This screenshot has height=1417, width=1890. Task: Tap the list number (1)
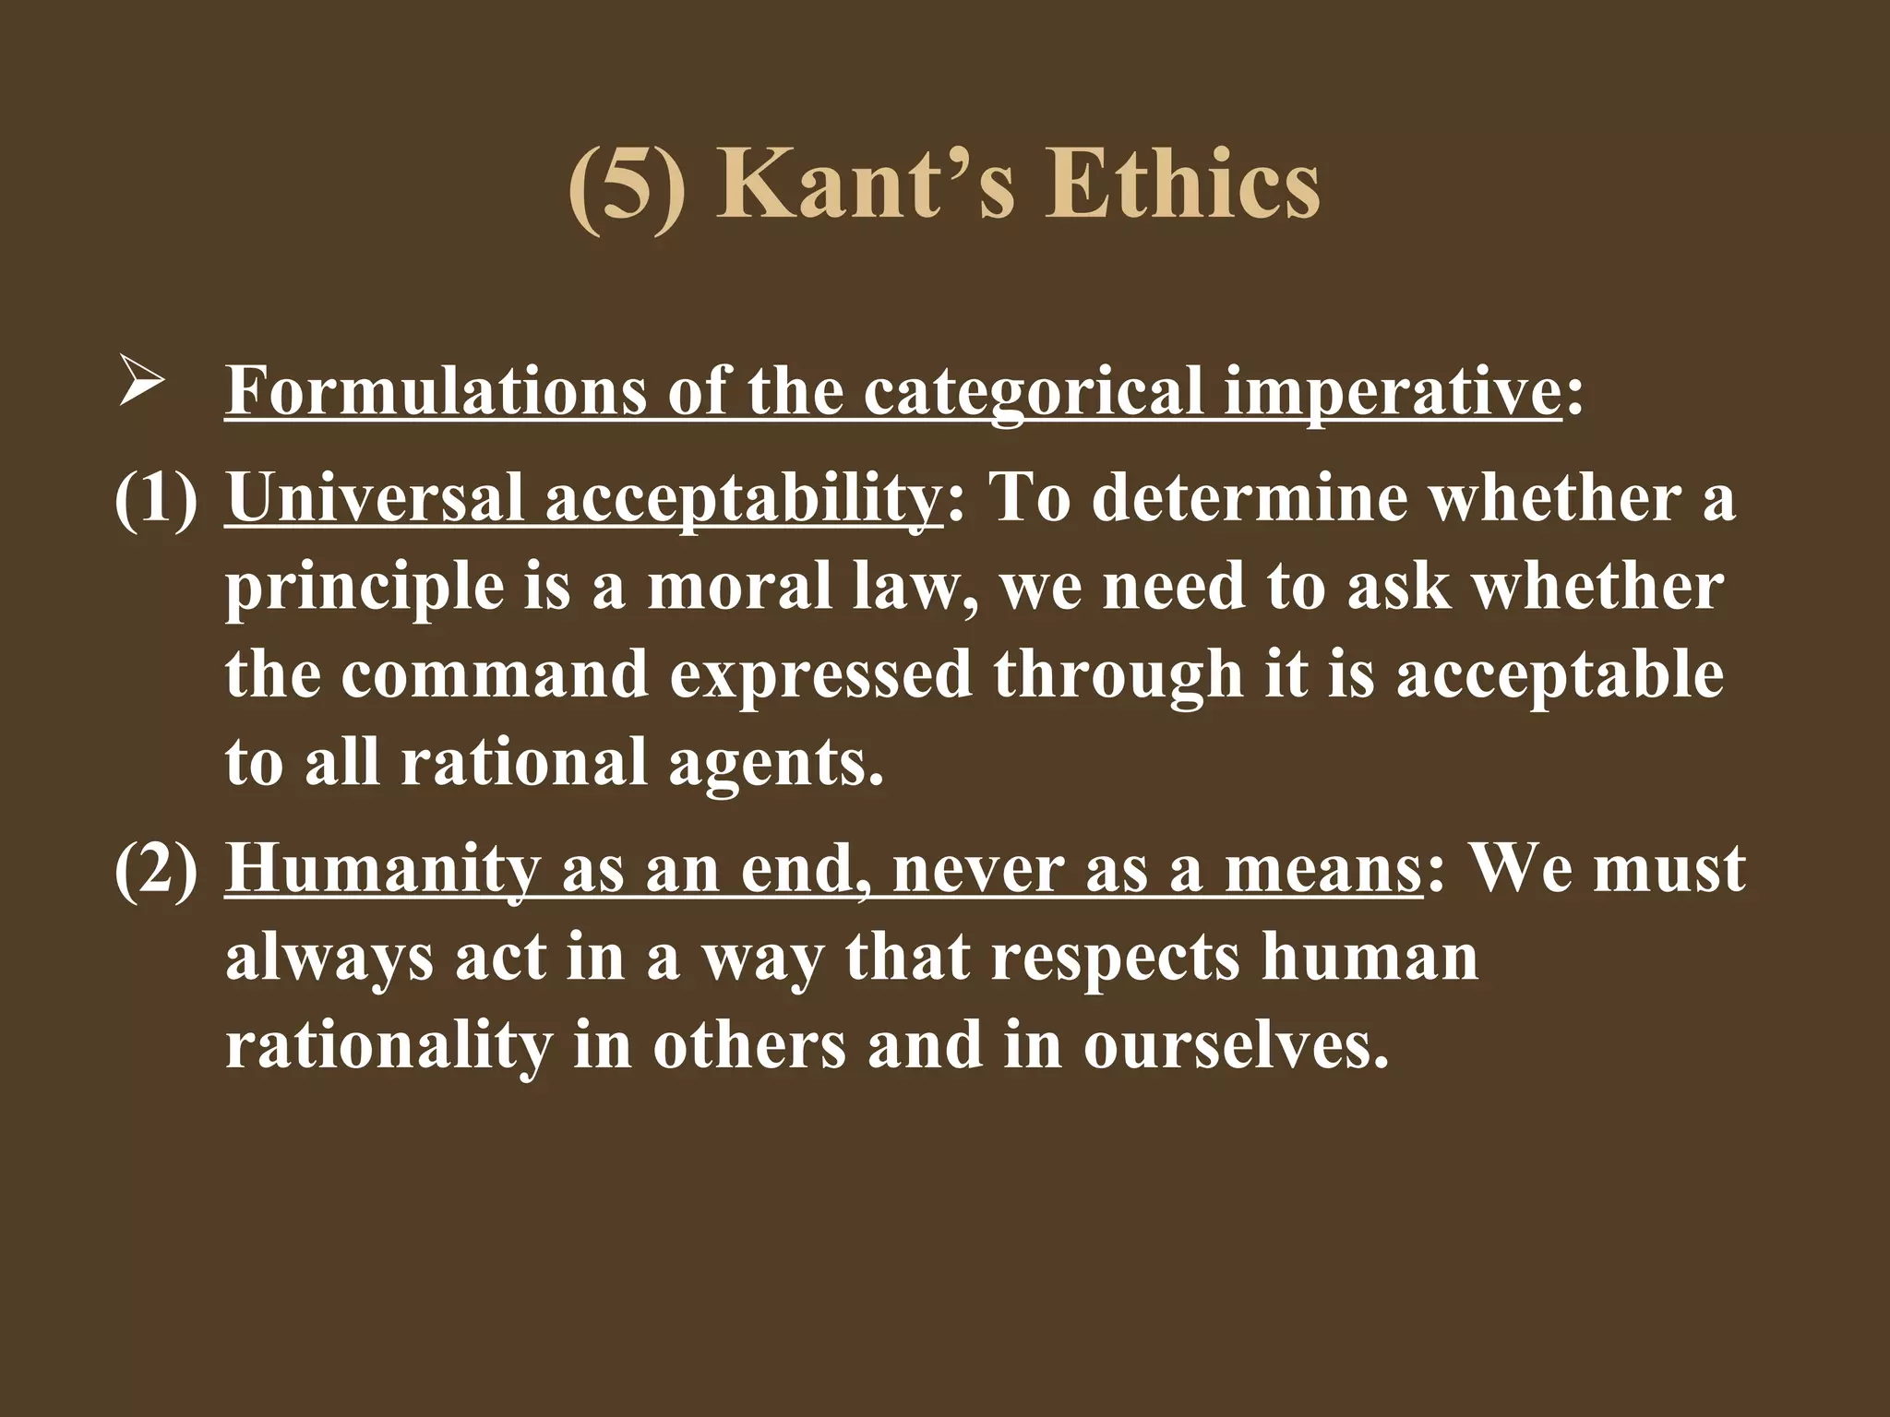[x=155, y=497]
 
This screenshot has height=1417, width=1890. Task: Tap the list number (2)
[x=155, y=869]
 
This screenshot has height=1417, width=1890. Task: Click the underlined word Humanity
[x=381, y=869]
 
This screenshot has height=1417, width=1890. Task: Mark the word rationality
[x=389, y=1045]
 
